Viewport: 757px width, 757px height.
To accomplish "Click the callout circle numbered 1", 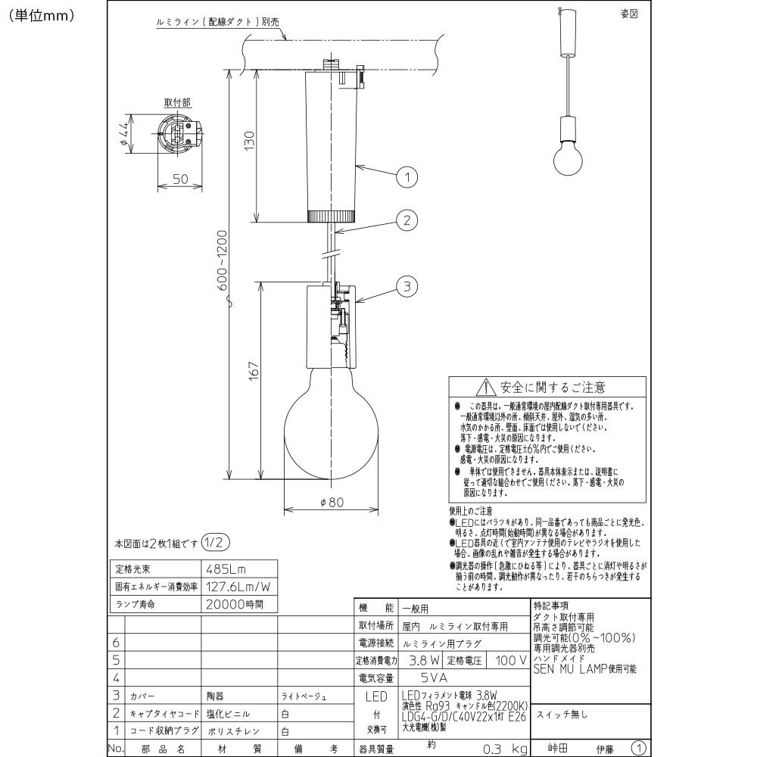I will coord(407,178).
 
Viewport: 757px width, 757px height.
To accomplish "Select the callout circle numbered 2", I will coord(407,221).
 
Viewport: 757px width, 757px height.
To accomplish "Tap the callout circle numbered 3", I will coord(407,286).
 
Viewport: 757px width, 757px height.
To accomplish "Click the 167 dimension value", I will coord(254,371).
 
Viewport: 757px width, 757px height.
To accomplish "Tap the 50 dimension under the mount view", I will coord(180,179).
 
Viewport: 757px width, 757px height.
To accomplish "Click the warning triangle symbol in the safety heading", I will coord(484,388).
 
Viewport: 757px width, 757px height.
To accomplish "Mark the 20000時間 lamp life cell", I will coord(235,605).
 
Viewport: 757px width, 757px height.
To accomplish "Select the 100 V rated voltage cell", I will coord(511,661).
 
